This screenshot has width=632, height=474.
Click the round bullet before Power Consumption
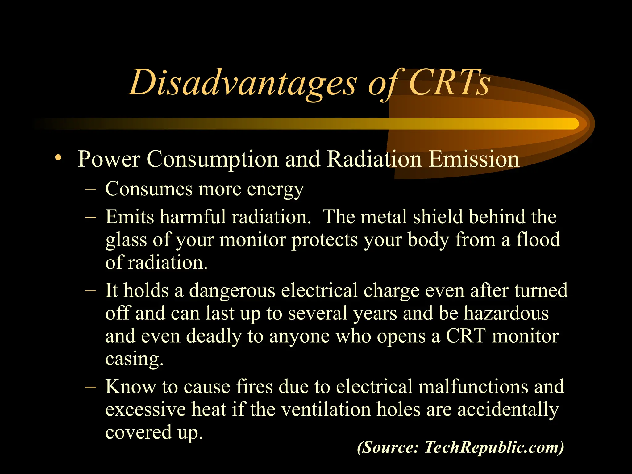58,158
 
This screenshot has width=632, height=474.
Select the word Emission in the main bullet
474,159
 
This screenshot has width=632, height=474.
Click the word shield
438,217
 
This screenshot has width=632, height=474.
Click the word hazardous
506,314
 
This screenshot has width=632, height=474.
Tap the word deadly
214,336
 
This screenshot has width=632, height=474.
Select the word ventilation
326,410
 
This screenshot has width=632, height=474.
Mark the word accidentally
508,410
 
